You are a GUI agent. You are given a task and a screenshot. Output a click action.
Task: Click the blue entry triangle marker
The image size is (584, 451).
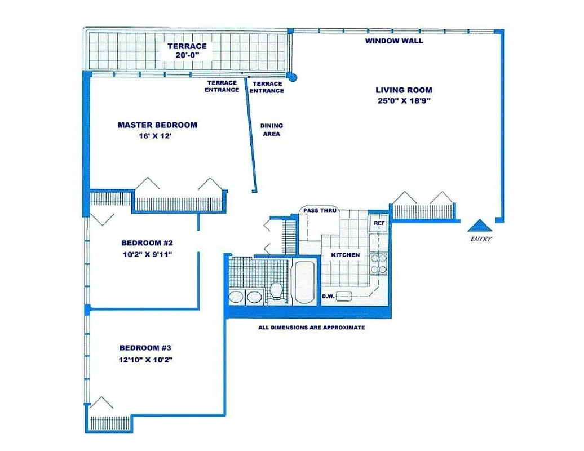(480, 225)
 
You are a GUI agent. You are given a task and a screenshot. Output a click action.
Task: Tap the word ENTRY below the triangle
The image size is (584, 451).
(481, 239)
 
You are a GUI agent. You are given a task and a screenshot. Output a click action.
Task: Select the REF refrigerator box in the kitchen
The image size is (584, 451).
(378, 223)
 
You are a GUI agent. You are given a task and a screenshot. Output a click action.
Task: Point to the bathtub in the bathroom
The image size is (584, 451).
(304, 282)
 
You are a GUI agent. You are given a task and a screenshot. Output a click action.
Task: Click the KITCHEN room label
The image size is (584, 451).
(345, 255)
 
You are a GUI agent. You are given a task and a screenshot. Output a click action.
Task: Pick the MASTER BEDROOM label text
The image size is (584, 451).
(157, 125)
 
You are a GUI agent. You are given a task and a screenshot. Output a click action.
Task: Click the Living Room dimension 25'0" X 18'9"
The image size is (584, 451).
(404, 101)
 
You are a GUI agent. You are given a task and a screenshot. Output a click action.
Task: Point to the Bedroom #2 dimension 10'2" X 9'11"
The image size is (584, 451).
(147, 254)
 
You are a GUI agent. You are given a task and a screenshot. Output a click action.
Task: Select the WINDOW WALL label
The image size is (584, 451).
(393, 41)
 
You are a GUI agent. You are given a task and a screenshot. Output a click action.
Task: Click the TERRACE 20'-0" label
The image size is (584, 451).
(187, 51)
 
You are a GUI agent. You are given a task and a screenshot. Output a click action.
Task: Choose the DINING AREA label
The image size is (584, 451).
(271, 130)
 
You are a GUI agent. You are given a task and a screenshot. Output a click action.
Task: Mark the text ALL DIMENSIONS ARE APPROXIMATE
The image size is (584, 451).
(311, 328)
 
